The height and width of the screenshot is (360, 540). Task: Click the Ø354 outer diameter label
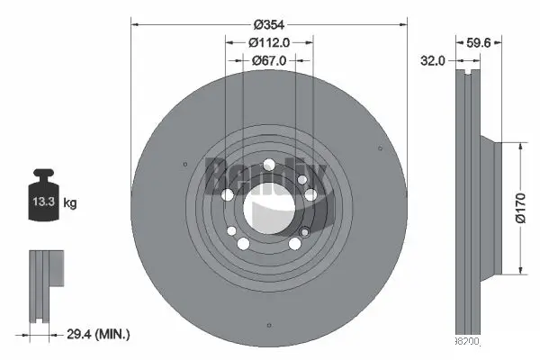[269, 24]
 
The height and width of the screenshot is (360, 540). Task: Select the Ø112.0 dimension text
[269, 41]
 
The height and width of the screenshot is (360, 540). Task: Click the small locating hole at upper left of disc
[184, 163]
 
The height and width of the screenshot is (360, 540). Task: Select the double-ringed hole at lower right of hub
[295, 244]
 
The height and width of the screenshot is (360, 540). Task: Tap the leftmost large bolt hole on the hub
[227, 195]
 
